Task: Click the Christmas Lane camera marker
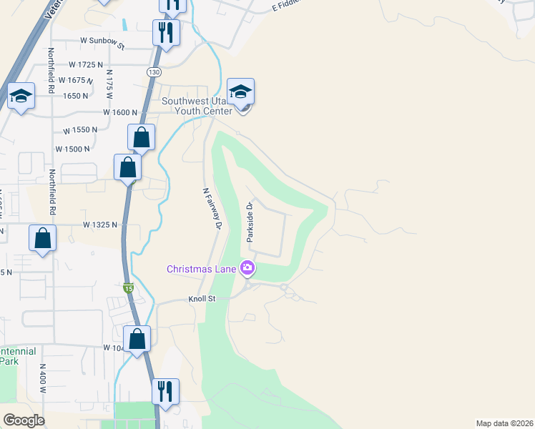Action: (248, 269)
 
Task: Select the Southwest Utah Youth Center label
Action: (197, 106)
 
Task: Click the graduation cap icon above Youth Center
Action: (240, 93)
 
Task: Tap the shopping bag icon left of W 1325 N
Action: (43, 240)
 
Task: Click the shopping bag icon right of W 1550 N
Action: (142, 138)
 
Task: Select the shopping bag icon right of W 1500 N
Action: (127, 169)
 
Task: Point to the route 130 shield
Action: (154, 72)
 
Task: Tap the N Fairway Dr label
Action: (210, 208)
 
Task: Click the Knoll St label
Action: (202, 299)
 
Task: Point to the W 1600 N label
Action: (119, 112)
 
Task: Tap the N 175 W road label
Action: (109, 79)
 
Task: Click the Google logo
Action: (24, 420)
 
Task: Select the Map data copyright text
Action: (504, 423)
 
